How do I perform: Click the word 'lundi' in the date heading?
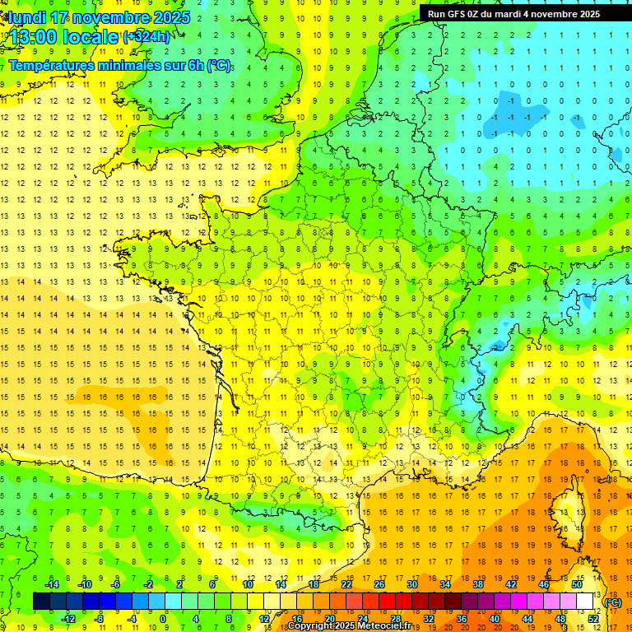pyautogui.click(x=25, y=17)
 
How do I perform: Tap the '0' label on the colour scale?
pyautogui.click(x=163, y=618)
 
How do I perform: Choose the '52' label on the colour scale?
pyautogui.click(x=593, y=618)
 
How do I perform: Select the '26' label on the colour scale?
pyautogui.click(x=379, y=583)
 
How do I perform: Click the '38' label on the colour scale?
pyautogui.click(x=478, y=583)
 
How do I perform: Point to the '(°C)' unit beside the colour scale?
pyautogui.click(x=613, y=602)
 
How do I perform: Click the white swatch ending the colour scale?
pyautogui.click(x=585, y=601)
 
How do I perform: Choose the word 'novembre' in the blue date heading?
pyautogui.click(x=111, y=17)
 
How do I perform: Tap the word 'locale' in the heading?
pyautogui.click(x=91, y=36)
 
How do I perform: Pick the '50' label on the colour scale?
pyautogui.click(x=577, y=583)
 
